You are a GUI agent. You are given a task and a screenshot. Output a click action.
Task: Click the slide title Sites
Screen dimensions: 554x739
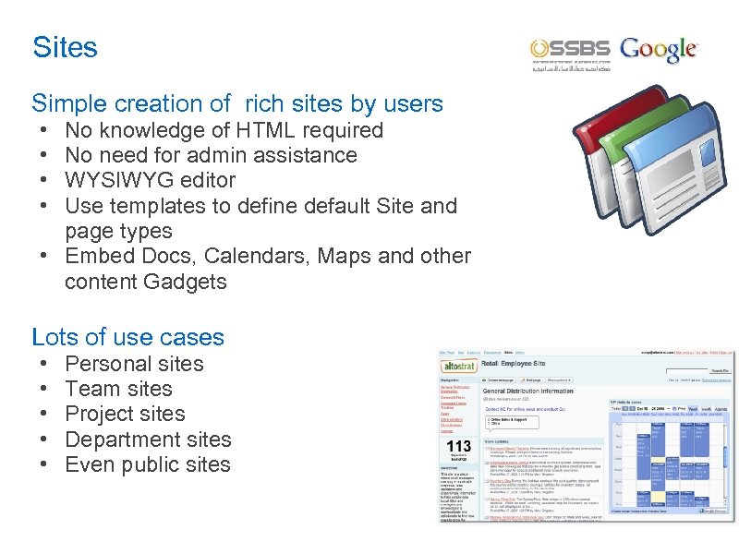(65, 47)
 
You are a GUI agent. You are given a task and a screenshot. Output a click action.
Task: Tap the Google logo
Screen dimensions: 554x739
(660, 50)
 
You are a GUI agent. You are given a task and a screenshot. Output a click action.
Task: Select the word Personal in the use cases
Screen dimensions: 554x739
(104, 364)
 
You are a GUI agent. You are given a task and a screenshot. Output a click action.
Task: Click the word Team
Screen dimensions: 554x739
(89, 389)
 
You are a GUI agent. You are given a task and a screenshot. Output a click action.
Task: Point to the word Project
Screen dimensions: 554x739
(97, 414)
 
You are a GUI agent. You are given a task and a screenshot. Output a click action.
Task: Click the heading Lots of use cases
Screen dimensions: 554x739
(128, 337)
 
